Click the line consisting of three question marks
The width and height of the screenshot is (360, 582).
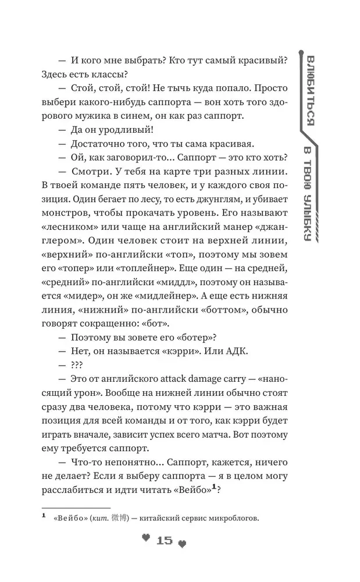76,365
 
